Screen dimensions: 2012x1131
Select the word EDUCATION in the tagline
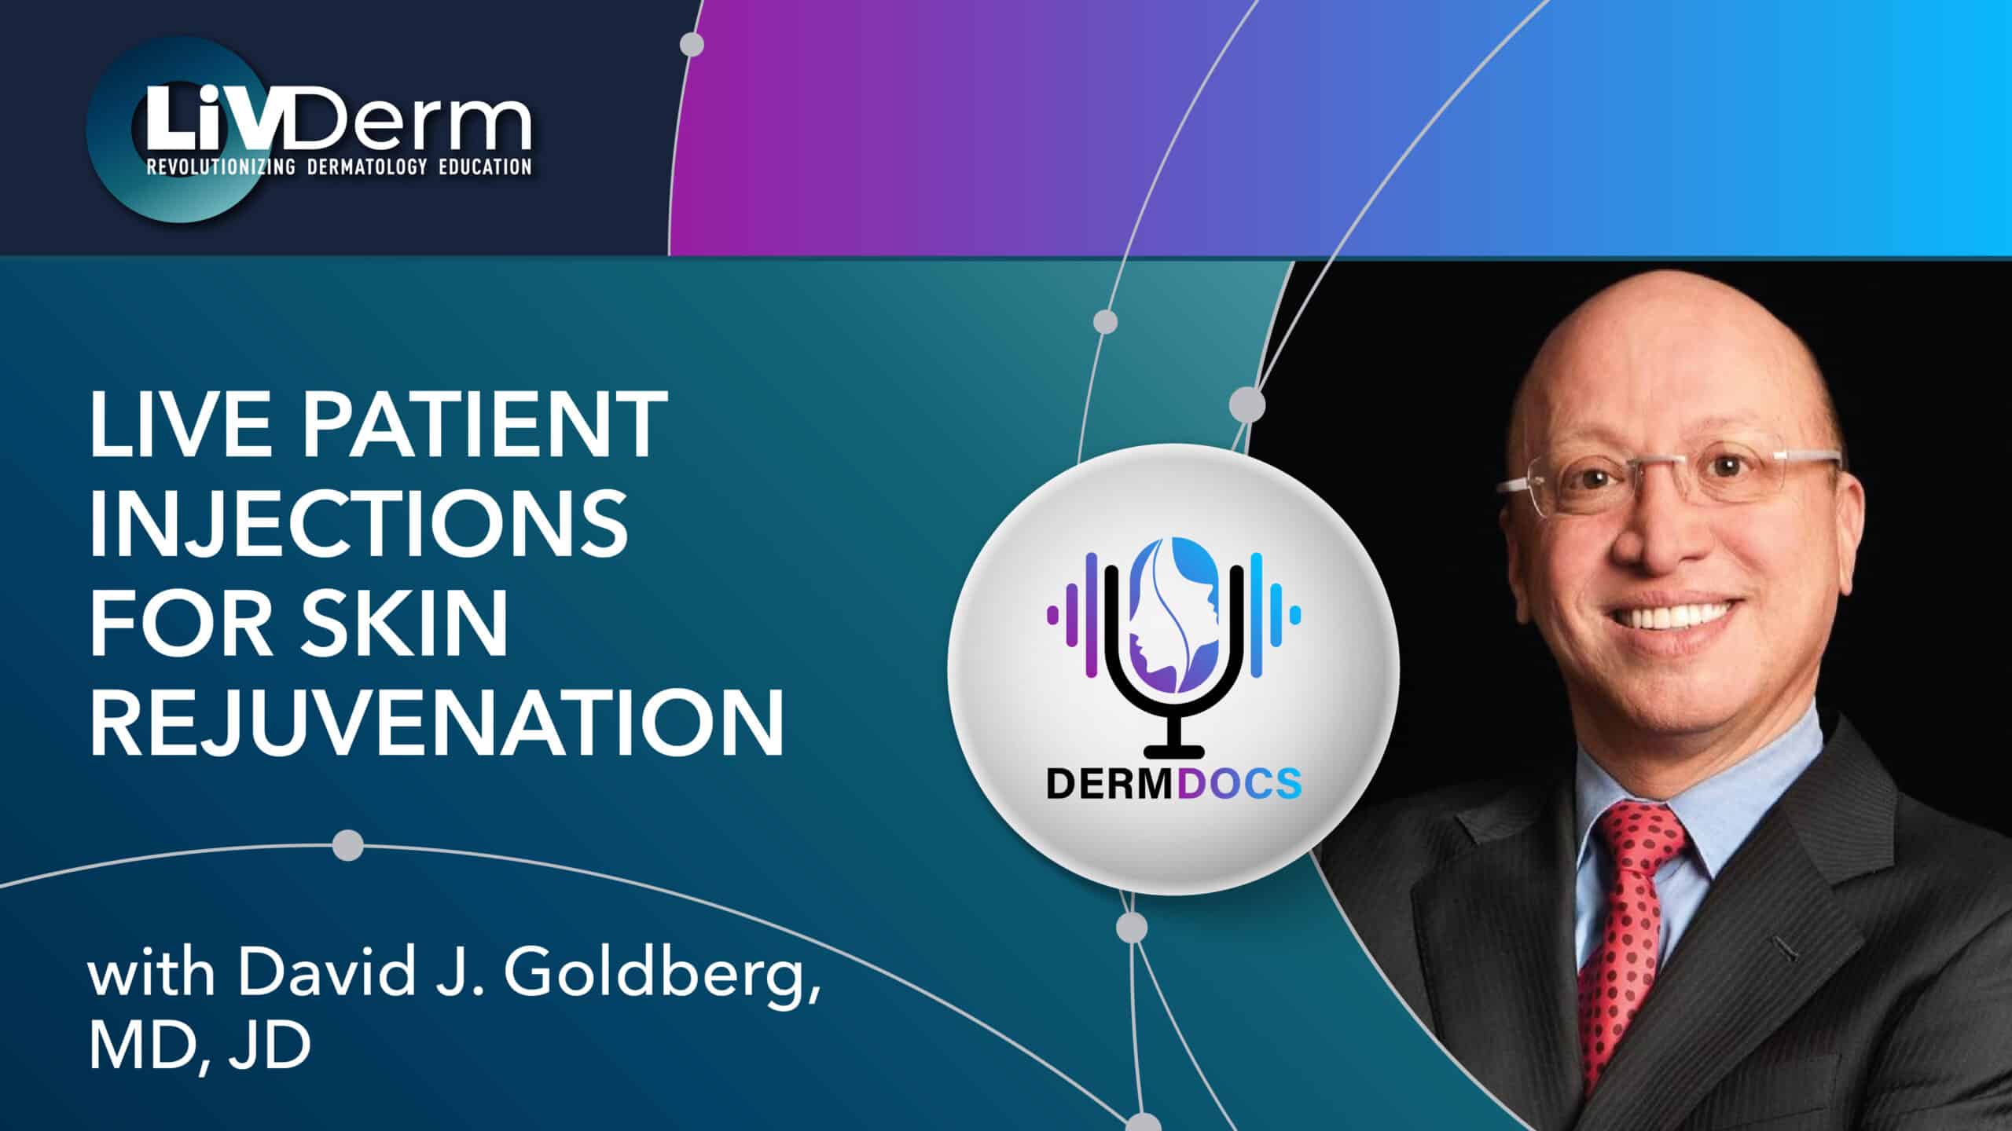[485, 167]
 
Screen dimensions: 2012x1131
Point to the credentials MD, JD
[200, 1048]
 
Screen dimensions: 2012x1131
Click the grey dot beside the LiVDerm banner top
[692, 44]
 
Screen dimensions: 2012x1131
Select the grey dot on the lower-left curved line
[348, 846]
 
